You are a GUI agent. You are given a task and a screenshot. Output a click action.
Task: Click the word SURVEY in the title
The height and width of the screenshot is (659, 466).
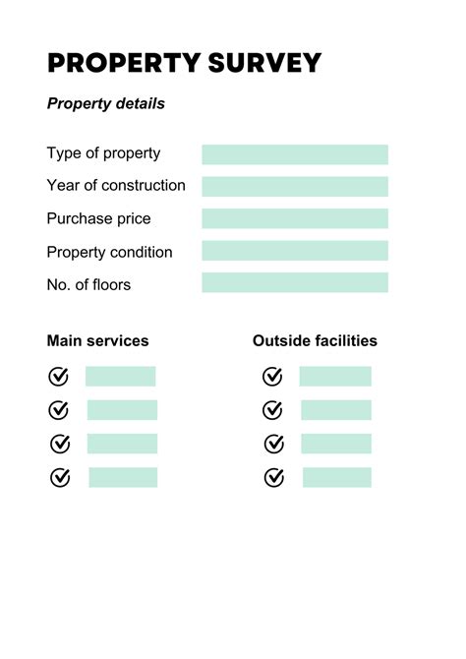coord(264,63)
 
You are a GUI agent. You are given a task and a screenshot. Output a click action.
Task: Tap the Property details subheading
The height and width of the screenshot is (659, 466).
coord(106,103)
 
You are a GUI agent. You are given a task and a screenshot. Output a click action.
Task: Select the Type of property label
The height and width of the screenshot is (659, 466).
coord(103,153)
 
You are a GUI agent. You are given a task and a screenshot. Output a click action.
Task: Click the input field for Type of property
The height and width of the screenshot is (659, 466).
coord(295,154)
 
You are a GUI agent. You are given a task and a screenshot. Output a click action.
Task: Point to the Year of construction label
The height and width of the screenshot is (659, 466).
coord(116,186)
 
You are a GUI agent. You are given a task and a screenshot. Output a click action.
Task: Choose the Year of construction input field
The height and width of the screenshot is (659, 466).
coord(295,186)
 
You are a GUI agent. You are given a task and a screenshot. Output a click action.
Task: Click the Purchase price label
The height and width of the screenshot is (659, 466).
coord(98,218)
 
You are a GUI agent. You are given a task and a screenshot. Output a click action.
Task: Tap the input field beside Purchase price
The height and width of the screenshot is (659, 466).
coord(295,218)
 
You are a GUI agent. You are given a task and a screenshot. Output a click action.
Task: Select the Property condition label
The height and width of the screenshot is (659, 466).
coord(109,252)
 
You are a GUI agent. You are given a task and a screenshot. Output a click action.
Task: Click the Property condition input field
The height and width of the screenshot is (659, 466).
coord(295,251)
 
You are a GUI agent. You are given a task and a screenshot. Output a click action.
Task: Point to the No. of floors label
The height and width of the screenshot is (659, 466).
coord(88,284)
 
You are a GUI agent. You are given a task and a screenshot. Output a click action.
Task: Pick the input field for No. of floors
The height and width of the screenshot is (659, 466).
coord(295,283)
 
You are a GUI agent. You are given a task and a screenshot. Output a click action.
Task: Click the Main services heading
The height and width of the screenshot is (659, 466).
coord(97,341)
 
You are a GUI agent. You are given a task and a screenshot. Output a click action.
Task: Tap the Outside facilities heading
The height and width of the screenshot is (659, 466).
coord(315,341)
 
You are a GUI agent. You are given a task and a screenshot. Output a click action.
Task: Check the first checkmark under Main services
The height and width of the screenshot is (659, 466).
coord(59,377)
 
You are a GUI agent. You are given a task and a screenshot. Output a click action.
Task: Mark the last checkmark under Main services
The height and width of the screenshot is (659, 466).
coord(60,477)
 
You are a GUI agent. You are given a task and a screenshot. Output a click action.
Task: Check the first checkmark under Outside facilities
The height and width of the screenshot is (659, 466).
coord(272,377)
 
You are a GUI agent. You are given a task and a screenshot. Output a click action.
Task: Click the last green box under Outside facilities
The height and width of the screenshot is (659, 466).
coord(336,477)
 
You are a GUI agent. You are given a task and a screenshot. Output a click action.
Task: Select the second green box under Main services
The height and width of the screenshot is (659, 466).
coord(122,410)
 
